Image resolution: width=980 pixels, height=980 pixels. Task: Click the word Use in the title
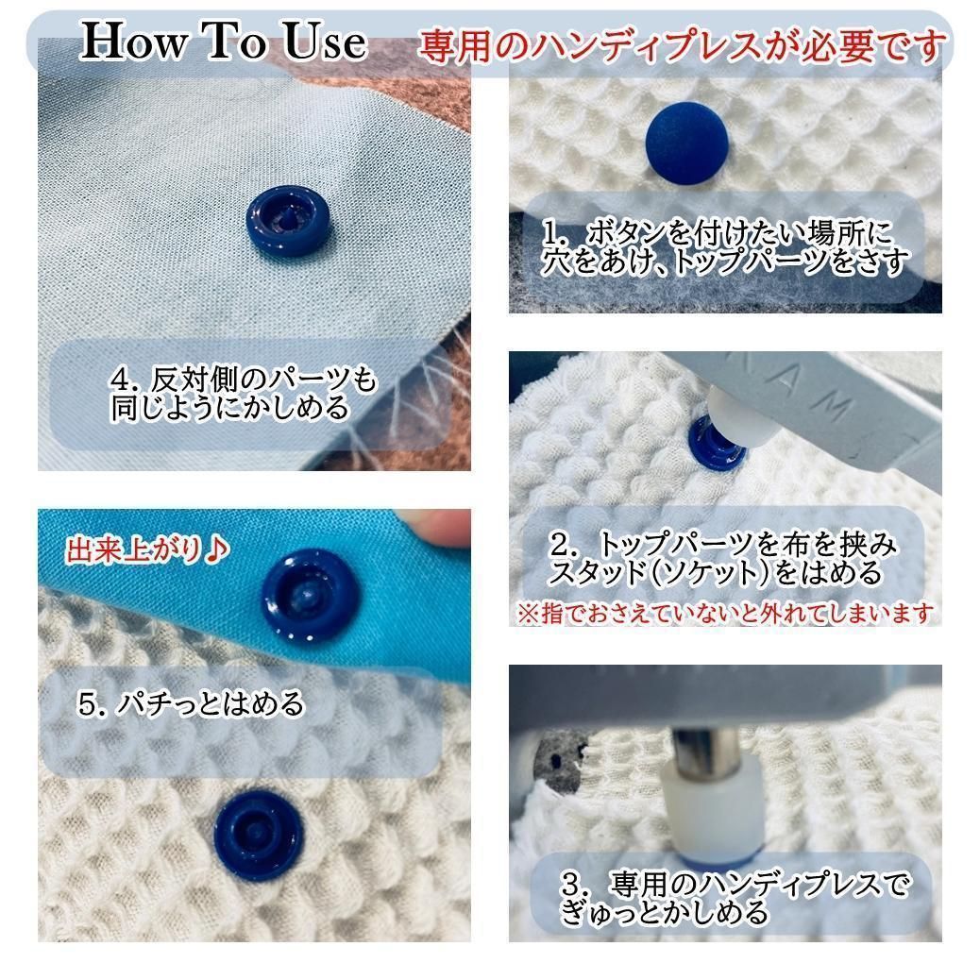click(x=325, y=42)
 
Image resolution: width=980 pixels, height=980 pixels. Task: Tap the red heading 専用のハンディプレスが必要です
click(x=682, y=45)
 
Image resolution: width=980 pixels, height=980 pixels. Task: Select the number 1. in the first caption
click(x=555, y=235)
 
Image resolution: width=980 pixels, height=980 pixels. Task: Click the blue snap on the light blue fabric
click(x=288, y=221)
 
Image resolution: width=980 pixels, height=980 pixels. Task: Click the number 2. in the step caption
click(x=565, y=545)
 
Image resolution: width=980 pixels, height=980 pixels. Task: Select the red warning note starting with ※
click(x=725, y=612)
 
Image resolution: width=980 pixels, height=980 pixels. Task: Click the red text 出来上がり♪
click(x=147, y=550)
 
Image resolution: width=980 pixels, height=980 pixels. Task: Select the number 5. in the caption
click(x=93, y=704)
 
